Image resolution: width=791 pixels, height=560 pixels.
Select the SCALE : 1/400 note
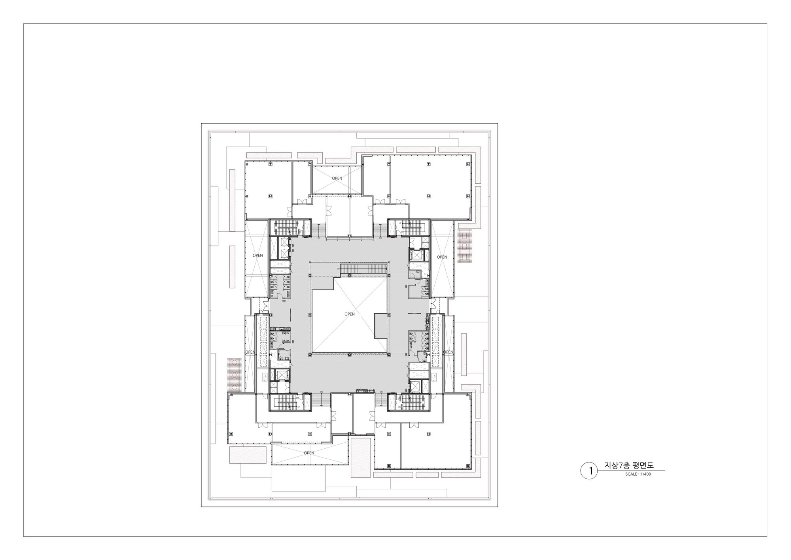click(638, 474)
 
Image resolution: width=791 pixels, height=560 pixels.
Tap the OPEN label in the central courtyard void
click(350, 314)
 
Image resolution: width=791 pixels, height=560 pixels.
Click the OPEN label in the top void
click(337, 178)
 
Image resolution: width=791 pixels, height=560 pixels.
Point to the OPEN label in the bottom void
click(309, 453)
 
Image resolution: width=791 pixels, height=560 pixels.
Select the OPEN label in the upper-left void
click(257, 255)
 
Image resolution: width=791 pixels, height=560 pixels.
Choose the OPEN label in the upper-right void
click(442, 257)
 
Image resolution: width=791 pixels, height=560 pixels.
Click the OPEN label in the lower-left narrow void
click(250, 352)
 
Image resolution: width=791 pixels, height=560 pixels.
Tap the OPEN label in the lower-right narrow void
click(448, 352)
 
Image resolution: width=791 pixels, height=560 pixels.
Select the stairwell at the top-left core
click(284, 227)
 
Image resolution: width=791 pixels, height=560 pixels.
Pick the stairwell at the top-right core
click(413, 227)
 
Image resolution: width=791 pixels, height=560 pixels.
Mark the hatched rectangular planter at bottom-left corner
click(248, 455)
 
